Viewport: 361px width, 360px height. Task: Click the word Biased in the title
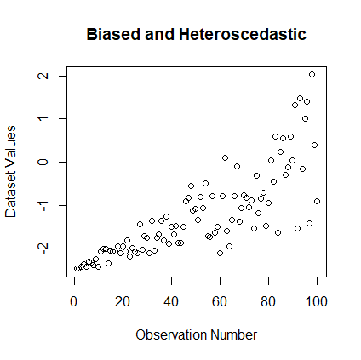tap(112, 35)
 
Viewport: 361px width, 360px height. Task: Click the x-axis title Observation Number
tap(196, 334)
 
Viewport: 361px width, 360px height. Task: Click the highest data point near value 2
tap(312, 75)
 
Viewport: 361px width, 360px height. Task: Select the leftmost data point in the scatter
tap(77, 268)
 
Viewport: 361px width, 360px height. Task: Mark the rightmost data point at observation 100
tap(317, 202)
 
